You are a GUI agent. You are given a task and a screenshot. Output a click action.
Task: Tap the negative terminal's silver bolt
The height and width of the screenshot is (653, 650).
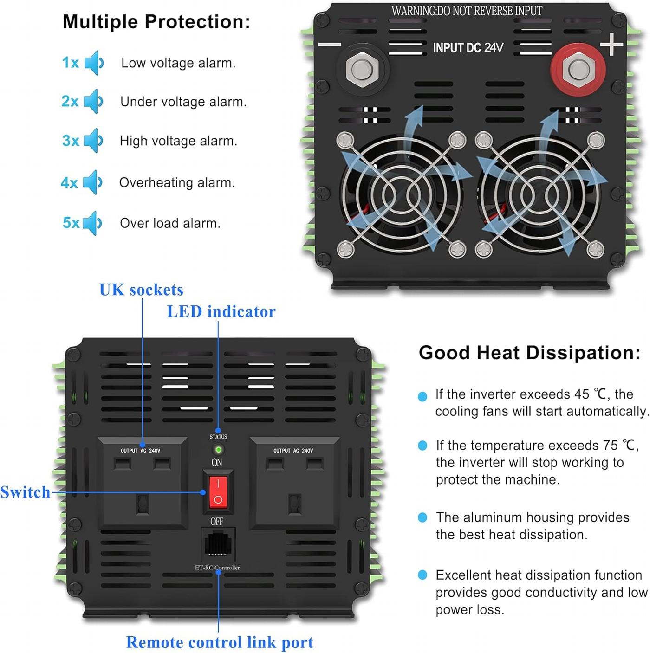tap(362, 70)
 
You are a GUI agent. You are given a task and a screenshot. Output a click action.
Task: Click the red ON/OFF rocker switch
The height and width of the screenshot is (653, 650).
tap(218, 492)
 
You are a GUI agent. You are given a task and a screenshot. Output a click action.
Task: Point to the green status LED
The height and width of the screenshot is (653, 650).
tap(218, 450)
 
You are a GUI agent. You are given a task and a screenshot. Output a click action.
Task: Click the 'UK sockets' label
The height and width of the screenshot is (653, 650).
tap(141, 290)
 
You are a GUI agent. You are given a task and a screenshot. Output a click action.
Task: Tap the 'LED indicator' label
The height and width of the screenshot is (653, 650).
tap(221, 311)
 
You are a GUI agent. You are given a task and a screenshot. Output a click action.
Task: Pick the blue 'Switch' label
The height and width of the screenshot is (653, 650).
tap(25, 492)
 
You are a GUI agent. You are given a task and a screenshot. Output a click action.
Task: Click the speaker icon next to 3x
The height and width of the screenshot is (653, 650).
tap(93, 140)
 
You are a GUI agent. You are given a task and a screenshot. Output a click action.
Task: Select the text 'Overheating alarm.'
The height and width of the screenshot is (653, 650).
tap(177, 183)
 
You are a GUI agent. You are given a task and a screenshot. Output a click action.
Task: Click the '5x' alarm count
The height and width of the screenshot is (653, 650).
tap(71, 223)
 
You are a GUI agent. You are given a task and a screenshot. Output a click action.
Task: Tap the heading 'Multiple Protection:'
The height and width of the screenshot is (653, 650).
tap(156, 22)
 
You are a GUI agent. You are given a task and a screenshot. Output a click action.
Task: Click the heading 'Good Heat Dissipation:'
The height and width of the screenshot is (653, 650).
tap(529, 352)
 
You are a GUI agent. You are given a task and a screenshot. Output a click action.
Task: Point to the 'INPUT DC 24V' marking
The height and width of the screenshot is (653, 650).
tap(468, 48)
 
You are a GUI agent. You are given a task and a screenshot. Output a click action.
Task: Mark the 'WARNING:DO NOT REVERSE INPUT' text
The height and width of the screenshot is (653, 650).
tap(467, 11)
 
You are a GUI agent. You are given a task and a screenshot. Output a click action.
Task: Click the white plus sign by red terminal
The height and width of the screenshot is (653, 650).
tap(611, 44)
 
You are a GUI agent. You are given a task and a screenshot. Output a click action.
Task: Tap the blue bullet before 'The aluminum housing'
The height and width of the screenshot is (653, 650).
tap(422, 517)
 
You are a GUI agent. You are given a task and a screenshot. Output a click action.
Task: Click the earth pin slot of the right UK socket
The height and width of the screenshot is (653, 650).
tap(294, 504)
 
